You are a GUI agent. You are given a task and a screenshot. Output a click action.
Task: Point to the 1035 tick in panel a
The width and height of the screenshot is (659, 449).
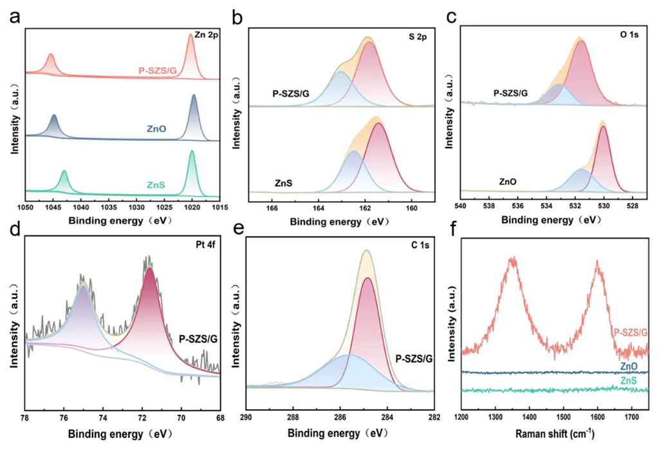pyautogui.click(x=108, y=208)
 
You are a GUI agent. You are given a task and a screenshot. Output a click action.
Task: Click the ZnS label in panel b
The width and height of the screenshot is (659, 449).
pyautogui.click(x=284, y=183)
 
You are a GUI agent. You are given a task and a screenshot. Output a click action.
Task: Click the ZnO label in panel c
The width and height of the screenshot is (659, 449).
pyautogui.click(x=508, y=182)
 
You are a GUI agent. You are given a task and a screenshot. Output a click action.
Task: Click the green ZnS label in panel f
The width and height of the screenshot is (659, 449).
pyautogui.click(x=629, y=382)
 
